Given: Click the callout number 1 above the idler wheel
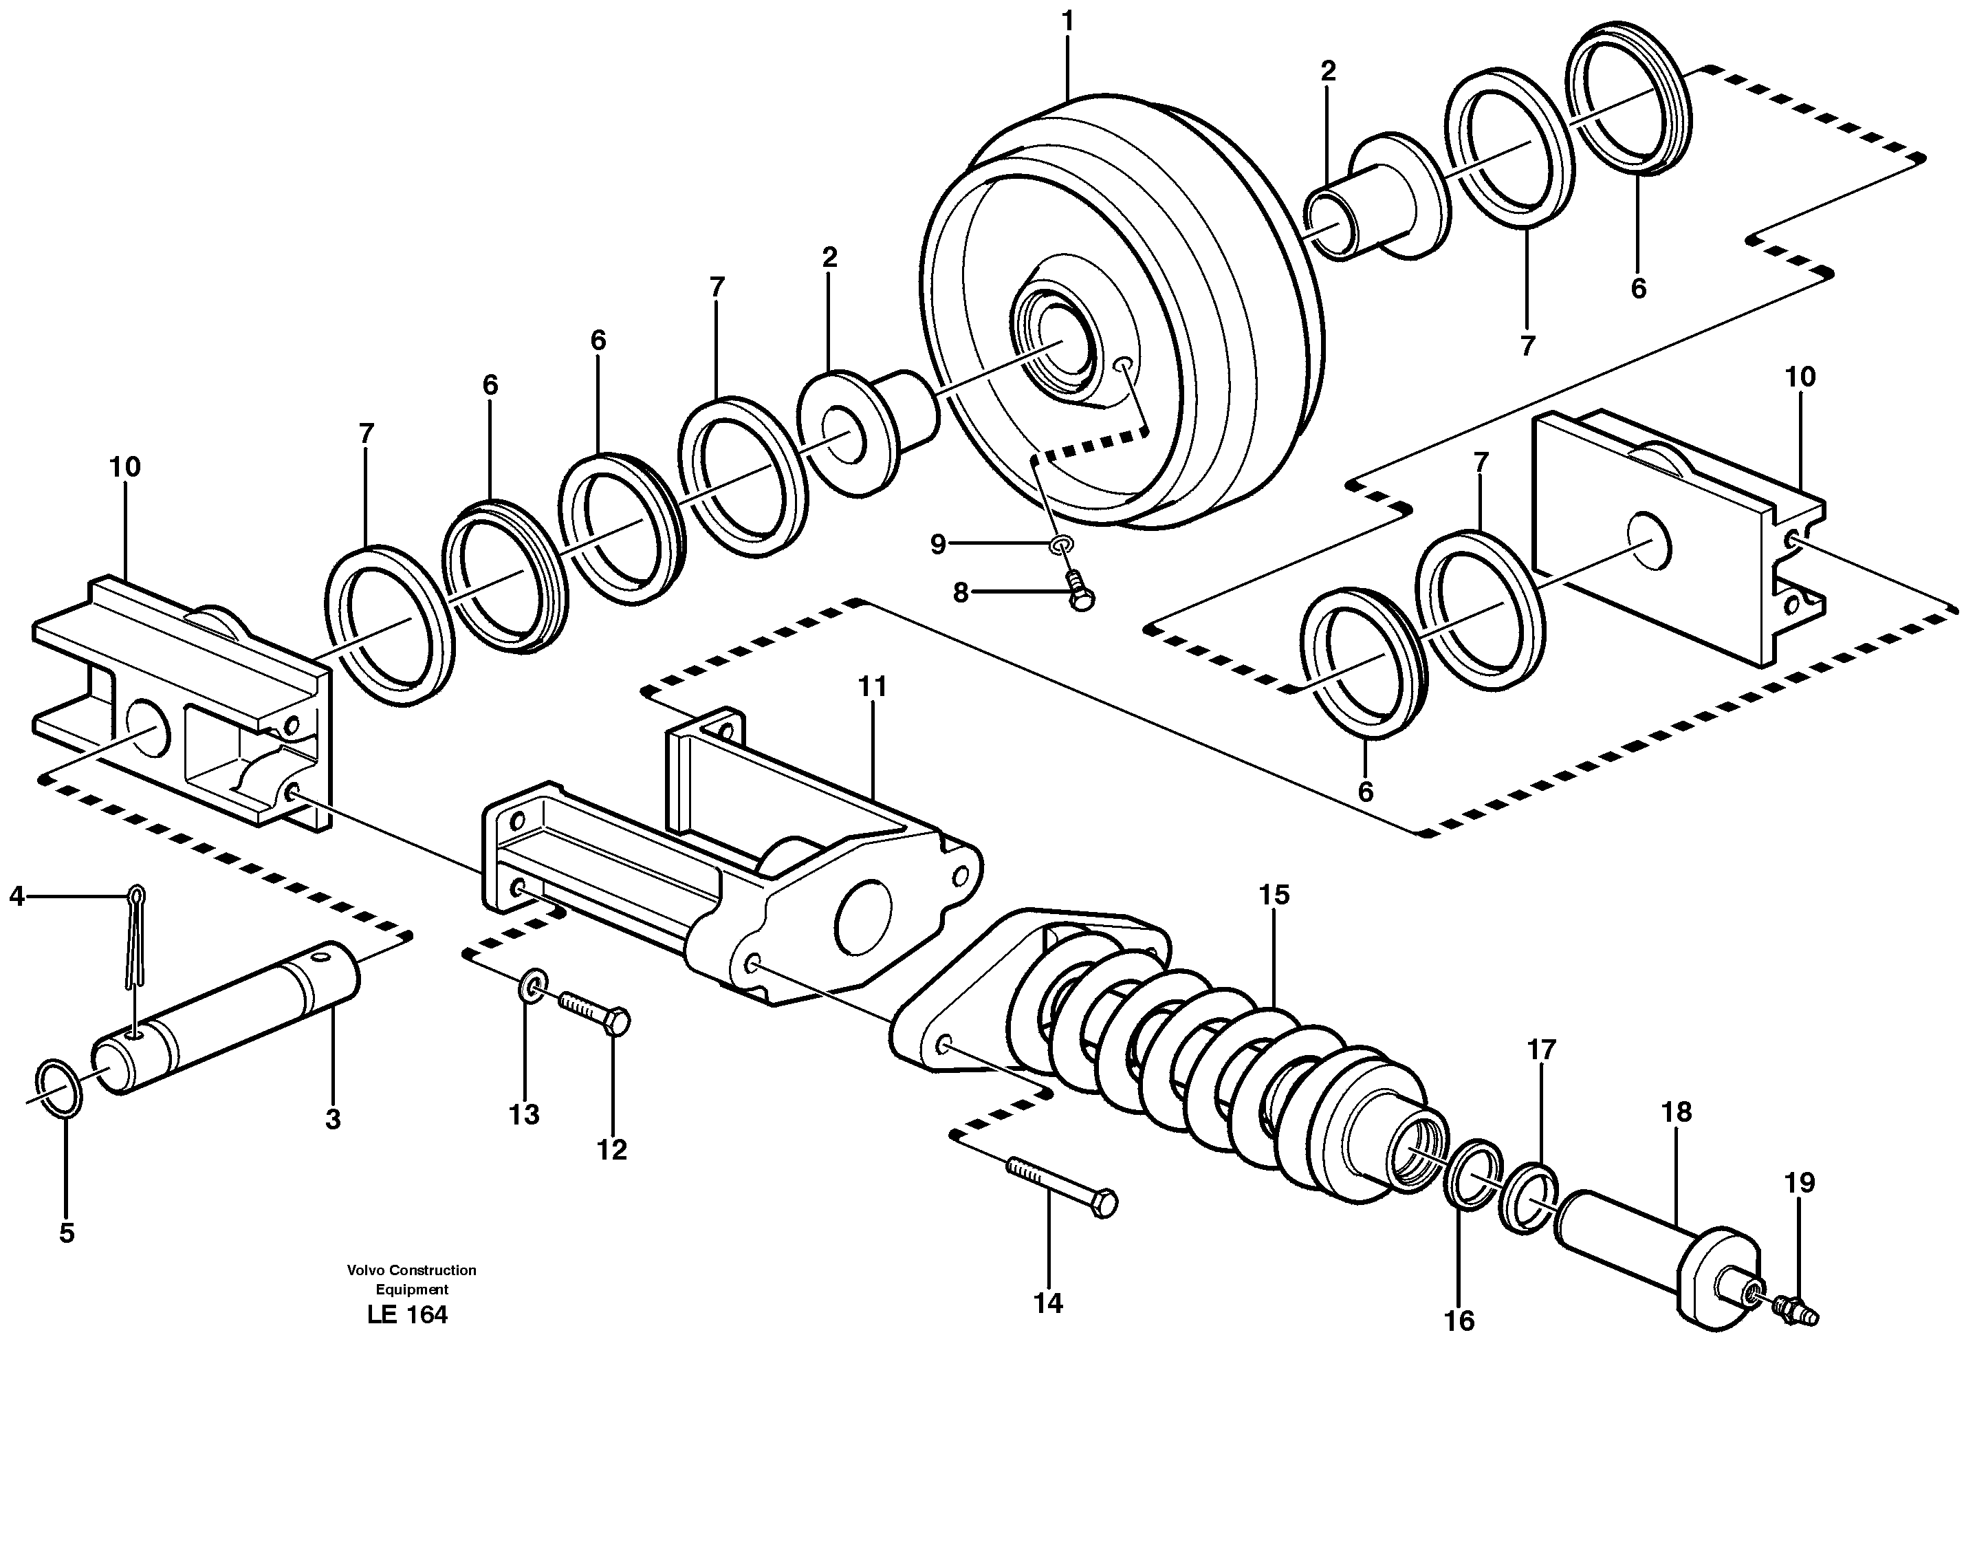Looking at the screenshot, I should [x=1068, y=20].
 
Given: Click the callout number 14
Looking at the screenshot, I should [x=1048, y=1303].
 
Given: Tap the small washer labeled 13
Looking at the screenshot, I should [x=534, y=985].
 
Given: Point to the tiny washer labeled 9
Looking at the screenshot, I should [x=1062, y=545].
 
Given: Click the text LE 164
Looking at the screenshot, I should [x=407, y=1314].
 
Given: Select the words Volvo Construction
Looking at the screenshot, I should [x=411, y=1270].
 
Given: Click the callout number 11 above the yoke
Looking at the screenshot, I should [x=873, y=686].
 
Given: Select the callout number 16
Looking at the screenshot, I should [x=1459, y=1321].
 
